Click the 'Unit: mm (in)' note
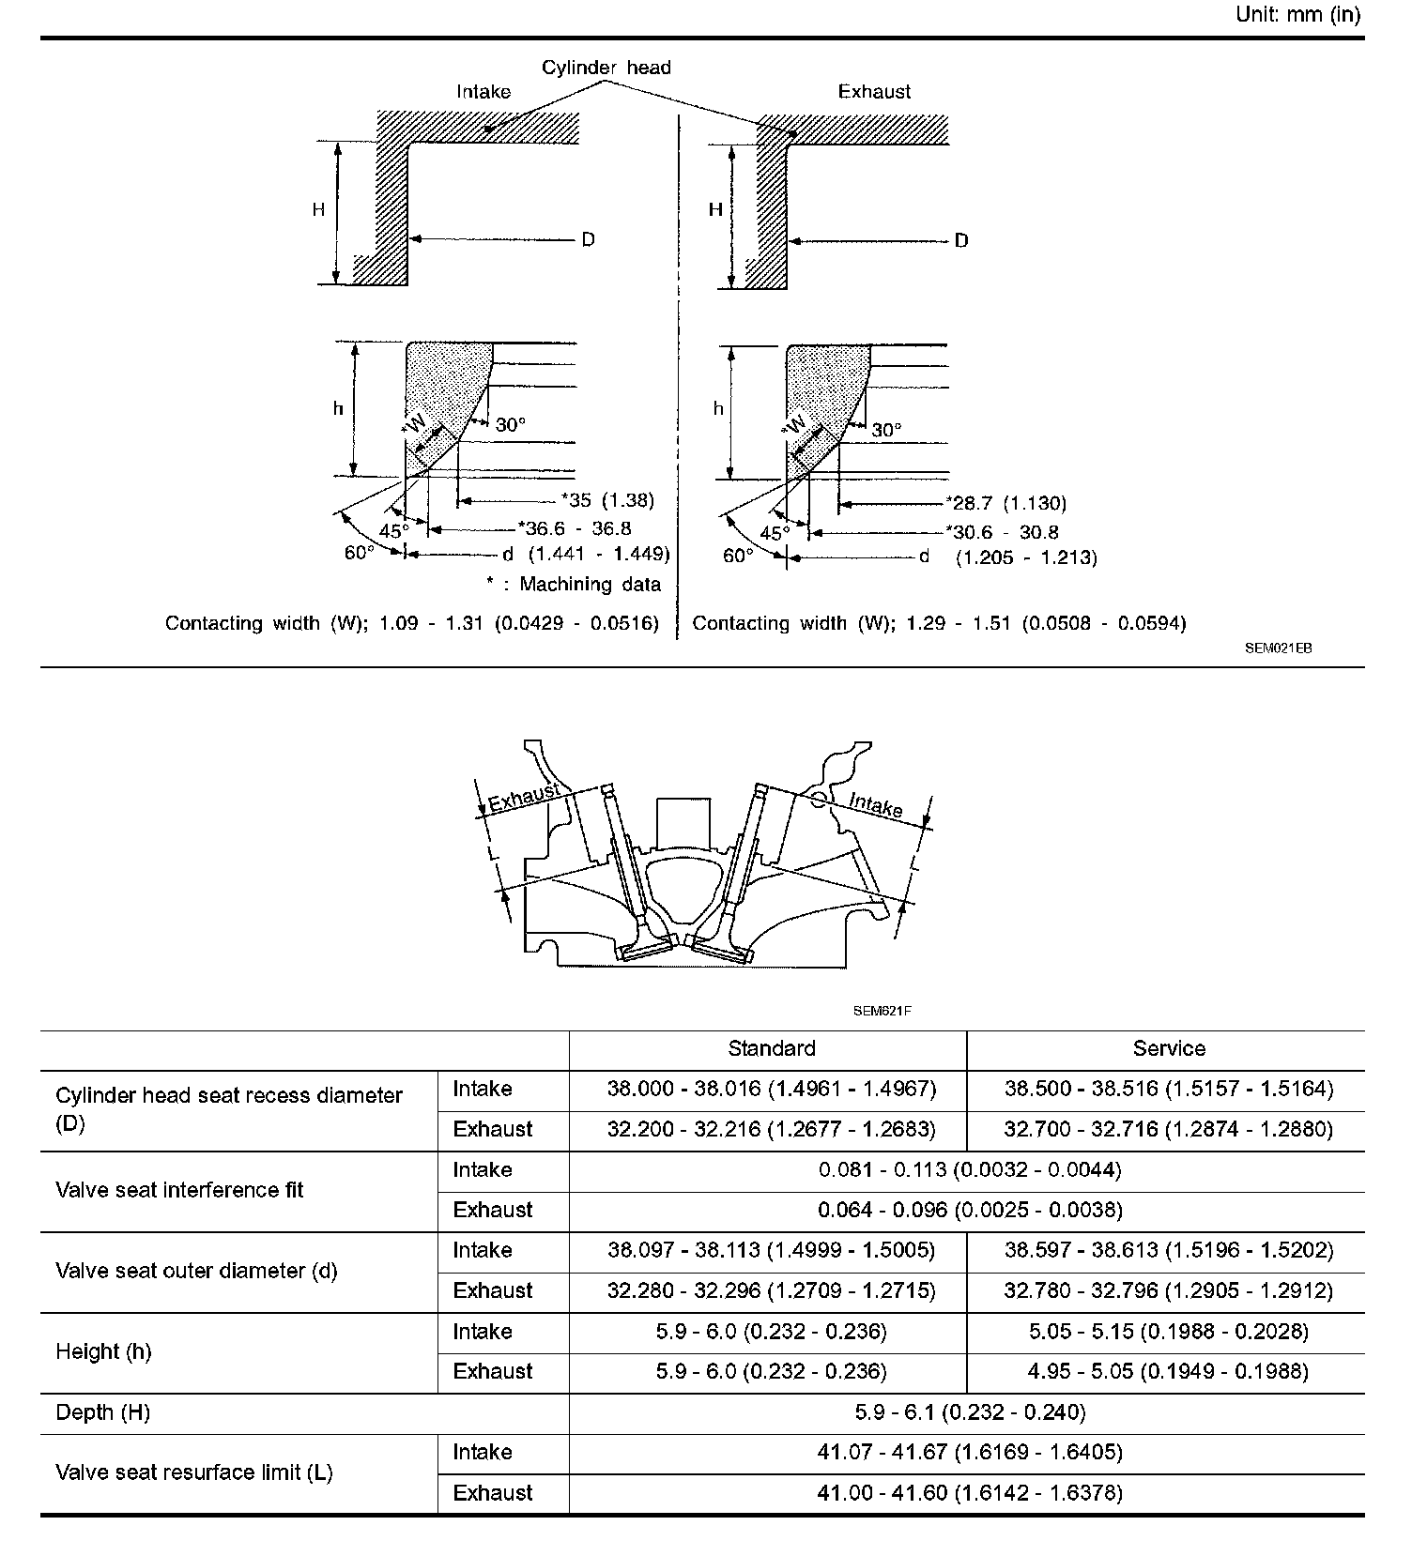[1297, 16]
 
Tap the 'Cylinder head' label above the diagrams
[606, 68]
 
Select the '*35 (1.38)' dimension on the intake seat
[607, 500]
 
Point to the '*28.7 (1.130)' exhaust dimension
[1005, 504]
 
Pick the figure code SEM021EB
[1278, 648]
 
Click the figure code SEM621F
[882, 1011]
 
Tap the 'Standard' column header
[771, 1049]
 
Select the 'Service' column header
[1168, 1049]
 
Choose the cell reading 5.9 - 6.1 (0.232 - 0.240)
[967, 1412]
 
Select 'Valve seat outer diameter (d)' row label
[196, 1272]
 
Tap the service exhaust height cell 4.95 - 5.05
[1168, 1372]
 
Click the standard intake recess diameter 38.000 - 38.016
[771, 1090]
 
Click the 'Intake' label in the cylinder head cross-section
[875, 804]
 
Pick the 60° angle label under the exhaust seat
[738, 556]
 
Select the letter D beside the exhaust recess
[960, 241]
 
